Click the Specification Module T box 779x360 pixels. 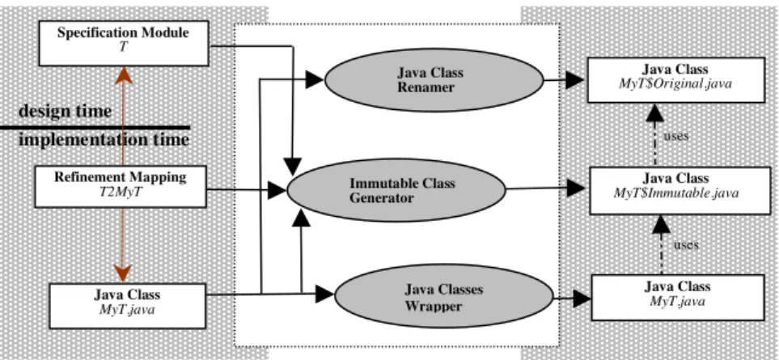point(124,43)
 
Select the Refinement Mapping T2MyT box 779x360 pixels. point(121,186)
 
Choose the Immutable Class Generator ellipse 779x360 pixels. point(396,191)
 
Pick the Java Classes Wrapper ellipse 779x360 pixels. point(443,296)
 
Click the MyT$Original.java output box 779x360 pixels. point(675,80)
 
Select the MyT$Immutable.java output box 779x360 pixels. point(676,191)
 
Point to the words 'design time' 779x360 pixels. point(65,111)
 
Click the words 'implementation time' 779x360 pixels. point(104,139)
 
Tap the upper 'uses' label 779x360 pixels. point(676,136)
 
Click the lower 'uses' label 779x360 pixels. point(686,244)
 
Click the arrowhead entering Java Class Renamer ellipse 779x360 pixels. point(315,79)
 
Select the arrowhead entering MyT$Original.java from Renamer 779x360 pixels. point(575,79)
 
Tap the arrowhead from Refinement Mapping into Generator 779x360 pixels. point(277,189)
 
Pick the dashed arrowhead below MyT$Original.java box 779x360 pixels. point(654,112)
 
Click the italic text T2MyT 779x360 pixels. point(121,192)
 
